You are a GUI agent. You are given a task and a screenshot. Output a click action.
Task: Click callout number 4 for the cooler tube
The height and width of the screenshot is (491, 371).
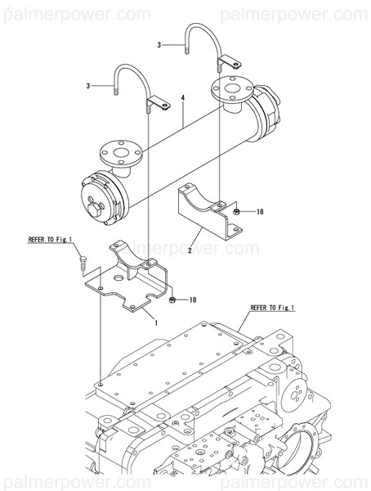pos(183,97)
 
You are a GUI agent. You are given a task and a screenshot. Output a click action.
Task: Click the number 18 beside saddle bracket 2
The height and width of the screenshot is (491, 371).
pos(260,212)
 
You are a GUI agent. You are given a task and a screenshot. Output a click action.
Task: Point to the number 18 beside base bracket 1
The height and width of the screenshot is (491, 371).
pos(193,301)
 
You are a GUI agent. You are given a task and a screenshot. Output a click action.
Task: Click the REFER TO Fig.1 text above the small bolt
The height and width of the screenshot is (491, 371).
pos(51,240)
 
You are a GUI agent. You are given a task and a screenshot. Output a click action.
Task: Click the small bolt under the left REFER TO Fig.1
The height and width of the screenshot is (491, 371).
pos(83,259)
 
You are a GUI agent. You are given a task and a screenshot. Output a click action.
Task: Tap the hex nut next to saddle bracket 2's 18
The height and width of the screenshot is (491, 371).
pos(235,211)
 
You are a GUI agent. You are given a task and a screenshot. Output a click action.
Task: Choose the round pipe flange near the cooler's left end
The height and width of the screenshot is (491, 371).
pos(114,153)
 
